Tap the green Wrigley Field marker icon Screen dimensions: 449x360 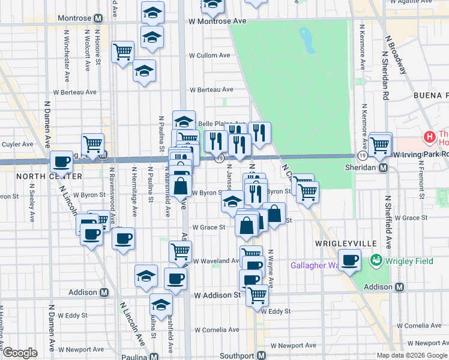click(x=376, y=260)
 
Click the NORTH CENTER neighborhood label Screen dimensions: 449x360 click(x=41, y=176)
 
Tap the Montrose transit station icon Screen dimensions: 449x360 click(x=98, y=19)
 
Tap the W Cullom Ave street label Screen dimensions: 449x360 click(x=209, y=55)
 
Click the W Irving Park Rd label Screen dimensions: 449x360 click(x=420, y=155)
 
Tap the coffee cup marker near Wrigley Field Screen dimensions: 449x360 click(x=349, y=260)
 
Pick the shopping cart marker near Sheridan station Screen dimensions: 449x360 click(x=380, y=144)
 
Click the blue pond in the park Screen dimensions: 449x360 click(x=307, y=39)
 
